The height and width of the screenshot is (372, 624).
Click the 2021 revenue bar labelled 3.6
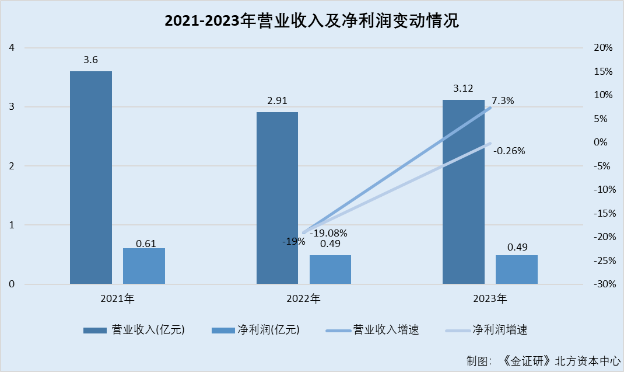91,178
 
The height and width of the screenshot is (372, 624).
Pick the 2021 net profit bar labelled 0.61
144,266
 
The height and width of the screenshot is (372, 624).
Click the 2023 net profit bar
517,270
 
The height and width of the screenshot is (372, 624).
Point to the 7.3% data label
503,100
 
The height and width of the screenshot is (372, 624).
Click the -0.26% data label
509,151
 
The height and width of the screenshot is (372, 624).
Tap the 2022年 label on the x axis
303,299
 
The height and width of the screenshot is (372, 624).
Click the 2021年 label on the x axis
117,299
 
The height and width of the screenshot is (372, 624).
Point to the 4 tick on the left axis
12,48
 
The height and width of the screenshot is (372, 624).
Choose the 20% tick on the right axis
602,48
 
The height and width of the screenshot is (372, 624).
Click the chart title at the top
311,22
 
